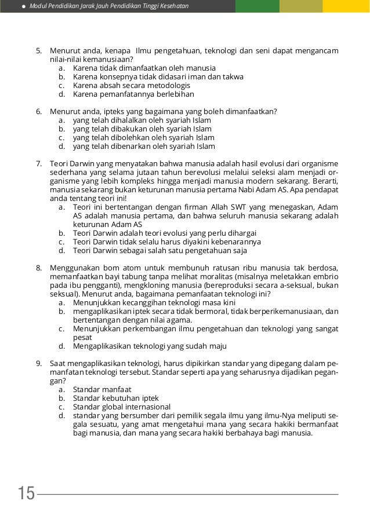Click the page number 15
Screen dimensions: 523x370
26,494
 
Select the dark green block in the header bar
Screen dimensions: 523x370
257,6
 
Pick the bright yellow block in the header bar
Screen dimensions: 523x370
346,6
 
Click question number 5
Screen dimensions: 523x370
39,50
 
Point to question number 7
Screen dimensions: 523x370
39,164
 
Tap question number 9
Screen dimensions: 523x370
39,363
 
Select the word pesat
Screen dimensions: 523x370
82,337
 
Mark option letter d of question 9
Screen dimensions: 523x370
61,415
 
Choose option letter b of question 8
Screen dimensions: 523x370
61,311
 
